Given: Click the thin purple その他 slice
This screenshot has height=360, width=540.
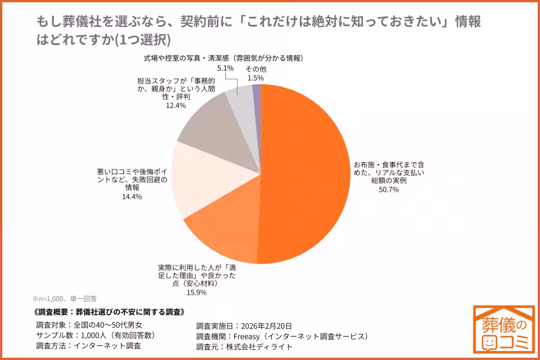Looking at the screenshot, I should tap(256, 94).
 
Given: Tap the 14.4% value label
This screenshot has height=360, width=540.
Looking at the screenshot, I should tap(132, 197).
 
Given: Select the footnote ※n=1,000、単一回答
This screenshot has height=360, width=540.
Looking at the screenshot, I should tap(64, 298).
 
